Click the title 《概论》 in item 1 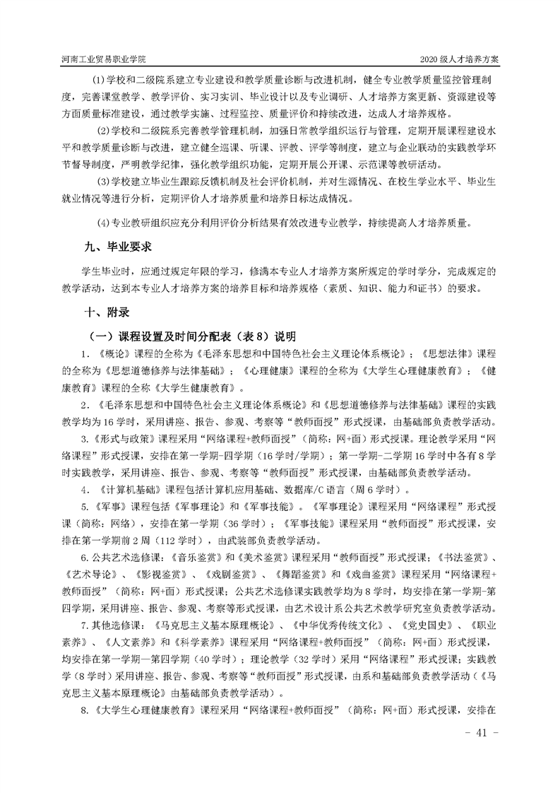pos(107,353)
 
